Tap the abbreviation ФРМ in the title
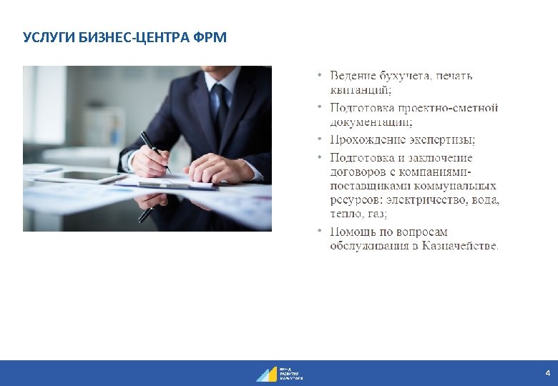[x=210, y=37]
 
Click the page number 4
[x=547, y=373]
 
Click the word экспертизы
[x=444, y=139]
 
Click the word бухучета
[x=406, y=75]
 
